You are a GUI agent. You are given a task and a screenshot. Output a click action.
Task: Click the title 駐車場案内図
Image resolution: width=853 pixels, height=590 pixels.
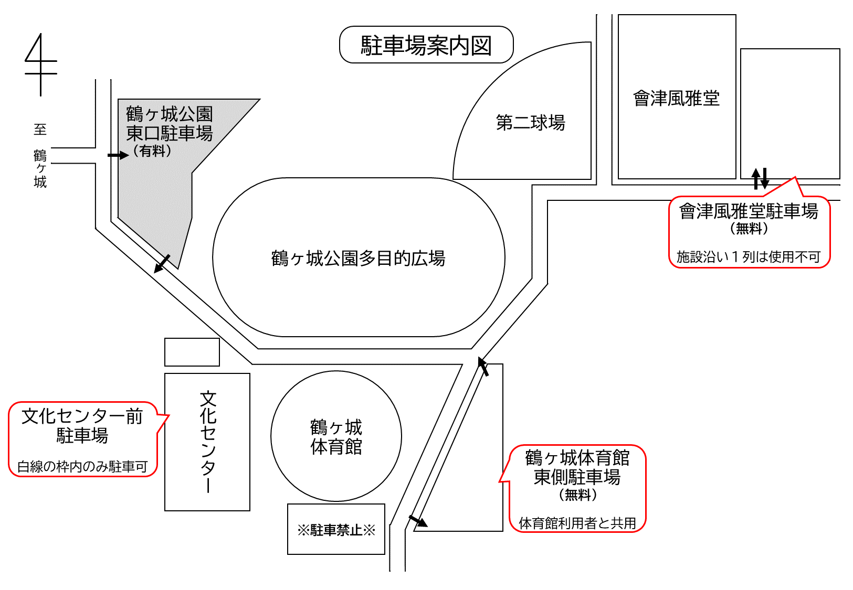[x=426, y=46]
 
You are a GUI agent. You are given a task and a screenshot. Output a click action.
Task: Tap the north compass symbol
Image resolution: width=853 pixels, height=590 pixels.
[x=41, y=65]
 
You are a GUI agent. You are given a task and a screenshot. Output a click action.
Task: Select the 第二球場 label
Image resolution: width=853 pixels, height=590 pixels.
[x=531, y=123]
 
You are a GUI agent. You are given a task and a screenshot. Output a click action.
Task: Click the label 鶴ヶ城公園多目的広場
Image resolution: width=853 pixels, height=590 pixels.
[x=359, y=258]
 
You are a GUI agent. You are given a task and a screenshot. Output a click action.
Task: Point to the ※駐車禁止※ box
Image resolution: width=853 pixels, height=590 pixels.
[x=336, y=530]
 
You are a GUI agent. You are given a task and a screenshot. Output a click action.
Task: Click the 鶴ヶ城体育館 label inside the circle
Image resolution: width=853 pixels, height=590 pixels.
[x=336, y=437]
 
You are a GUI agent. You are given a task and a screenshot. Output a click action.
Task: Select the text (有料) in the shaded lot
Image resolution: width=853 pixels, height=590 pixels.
[x=152, y=152]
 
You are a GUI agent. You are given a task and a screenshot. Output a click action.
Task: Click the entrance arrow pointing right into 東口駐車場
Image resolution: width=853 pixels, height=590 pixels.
[x=118, y=155]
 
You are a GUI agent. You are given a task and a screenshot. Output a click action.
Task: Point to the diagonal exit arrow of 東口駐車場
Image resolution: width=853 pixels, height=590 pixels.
[x=162, y=264]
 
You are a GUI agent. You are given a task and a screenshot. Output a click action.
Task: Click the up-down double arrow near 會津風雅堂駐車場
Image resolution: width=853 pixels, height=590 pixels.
[x=760, y=179]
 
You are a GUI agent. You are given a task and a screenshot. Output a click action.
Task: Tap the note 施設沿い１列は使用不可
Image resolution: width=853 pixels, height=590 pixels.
[x=749, y=257]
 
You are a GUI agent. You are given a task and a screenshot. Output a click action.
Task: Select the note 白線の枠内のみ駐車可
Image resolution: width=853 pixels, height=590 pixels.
[x=82, y=466]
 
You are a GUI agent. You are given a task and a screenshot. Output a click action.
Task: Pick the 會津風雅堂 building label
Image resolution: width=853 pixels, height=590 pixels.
[x=677, y=99]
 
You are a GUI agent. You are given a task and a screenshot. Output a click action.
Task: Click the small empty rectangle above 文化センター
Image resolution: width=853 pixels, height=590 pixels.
[x=192, y=352]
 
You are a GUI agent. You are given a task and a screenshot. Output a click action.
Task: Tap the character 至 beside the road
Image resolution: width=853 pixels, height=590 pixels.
[x=40, y=130]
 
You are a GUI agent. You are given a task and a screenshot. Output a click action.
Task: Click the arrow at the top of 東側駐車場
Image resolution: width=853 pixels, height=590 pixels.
[x=483, y=367]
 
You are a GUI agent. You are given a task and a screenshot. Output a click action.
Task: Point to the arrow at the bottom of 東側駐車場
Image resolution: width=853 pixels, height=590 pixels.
[x=418, y=521]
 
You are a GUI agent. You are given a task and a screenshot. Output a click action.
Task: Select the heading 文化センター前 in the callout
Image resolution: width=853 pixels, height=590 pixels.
[x=82, y=416]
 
